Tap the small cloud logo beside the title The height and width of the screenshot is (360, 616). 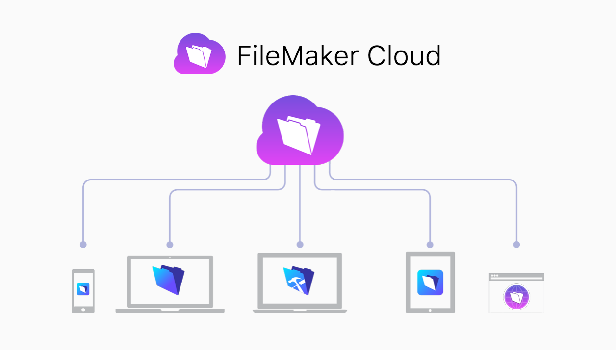click(200, 54)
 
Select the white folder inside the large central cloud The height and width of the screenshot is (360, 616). click(299, 133)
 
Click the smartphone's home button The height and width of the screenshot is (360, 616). click(83, 309)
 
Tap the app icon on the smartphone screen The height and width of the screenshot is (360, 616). click(83, 289)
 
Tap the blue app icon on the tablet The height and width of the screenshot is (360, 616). click(430, 283)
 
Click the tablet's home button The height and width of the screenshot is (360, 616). click(430, 310)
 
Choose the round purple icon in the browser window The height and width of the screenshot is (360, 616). click(516, 297)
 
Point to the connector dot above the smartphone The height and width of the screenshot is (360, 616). click(83, 244)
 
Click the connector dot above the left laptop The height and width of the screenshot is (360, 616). click(170, 244)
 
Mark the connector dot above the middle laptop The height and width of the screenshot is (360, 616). click(300, 244)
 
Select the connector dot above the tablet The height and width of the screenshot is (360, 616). click(430, 244)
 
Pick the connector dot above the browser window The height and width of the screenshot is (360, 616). click(516, 244)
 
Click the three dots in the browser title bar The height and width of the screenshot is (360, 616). click(494, 276)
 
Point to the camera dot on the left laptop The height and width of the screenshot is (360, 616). click(170, 257)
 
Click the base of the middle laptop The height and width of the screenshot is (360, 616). click(300, 311)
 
